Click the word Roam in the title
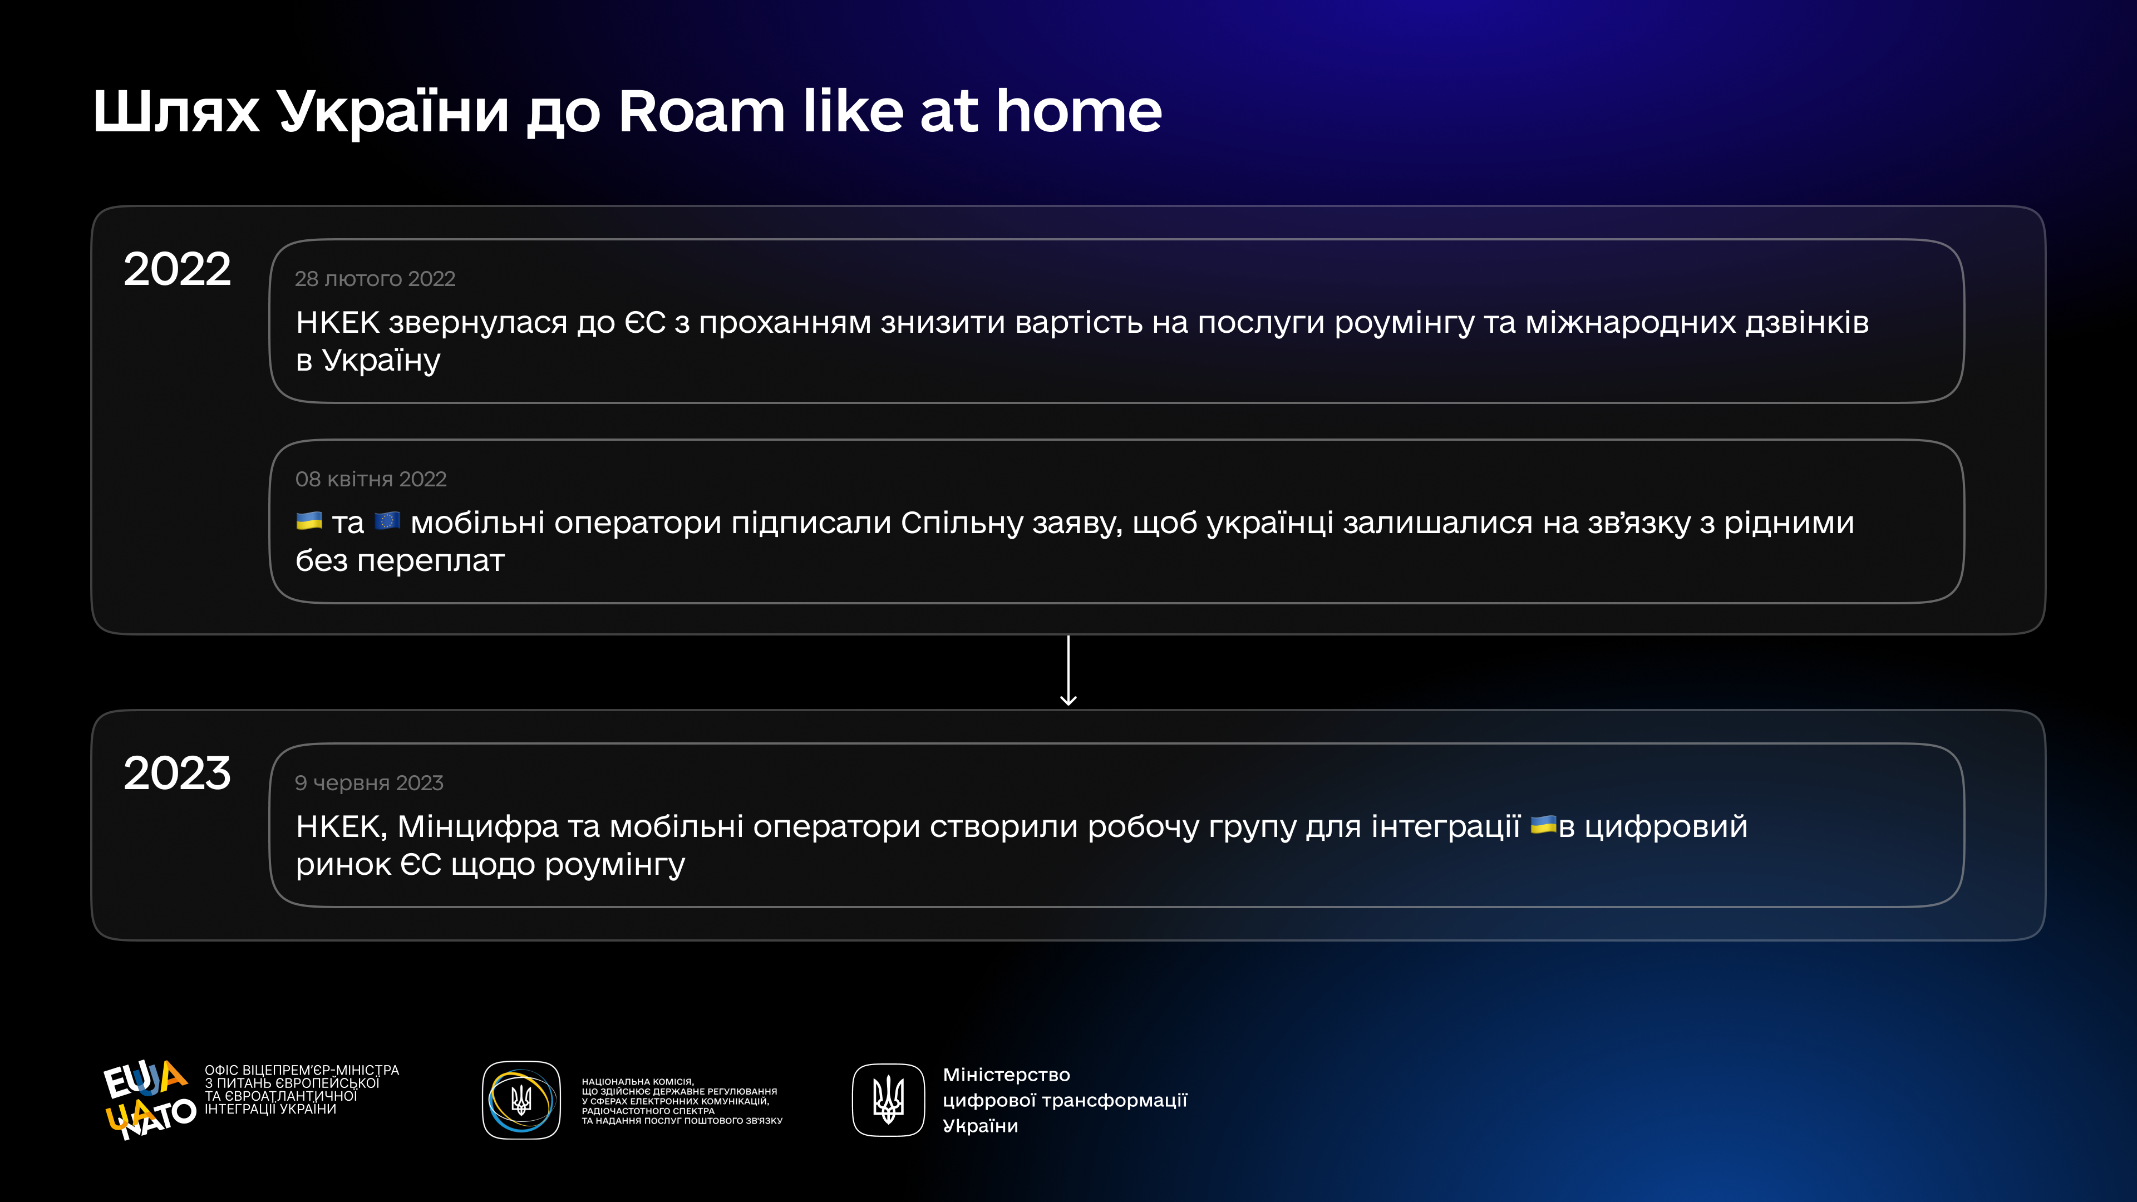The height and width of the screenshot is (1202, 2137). pos(701,111)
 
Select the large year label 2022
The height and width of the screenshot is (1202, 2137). pos(177,269)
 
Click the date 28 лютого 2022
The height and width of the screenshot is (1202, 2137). pos(375,279)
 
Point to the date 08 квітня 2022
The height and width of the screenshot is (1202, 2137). pos(371,480)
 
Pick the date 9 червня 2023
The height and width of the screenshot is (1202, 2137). pos(369,783)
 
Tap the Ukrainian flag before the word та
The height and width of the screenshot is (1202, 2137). pos(309,521)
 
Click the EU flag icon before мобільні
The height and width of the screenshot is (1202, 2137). pos(387,521)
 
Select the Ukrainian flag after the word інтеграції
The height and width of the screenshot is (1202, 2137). pos(1543,825)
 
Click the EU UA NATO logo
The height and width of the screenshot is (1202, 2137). pos(149,1098)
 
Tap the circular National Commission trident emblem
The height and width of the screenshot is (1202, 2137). pos(521,1100)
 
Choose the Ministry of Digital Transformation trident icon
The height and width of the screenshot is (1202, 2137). pos(889,1100)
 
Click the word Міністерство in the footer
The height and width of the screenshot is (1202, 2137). pos(1006,1075)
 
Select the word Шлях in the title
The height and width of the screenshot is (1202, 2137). pos(176,111)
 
